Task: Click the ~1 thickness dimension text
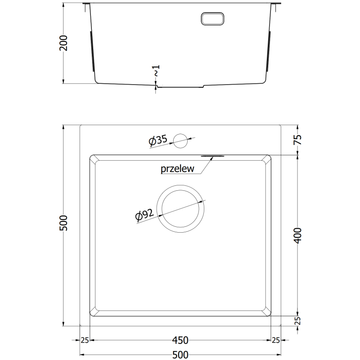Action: click(x=156, y=71)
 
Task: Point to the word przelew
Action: click(x=177, y=169)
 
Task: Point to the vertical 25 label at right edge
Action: click(x=297, y=320)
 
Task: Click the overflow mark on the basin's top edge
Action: click(x=212, y=156)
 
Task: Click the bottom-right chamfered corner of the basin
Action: click(x=267, y=311)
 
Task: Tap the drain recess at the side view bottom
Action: click(x=180, y=86)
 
